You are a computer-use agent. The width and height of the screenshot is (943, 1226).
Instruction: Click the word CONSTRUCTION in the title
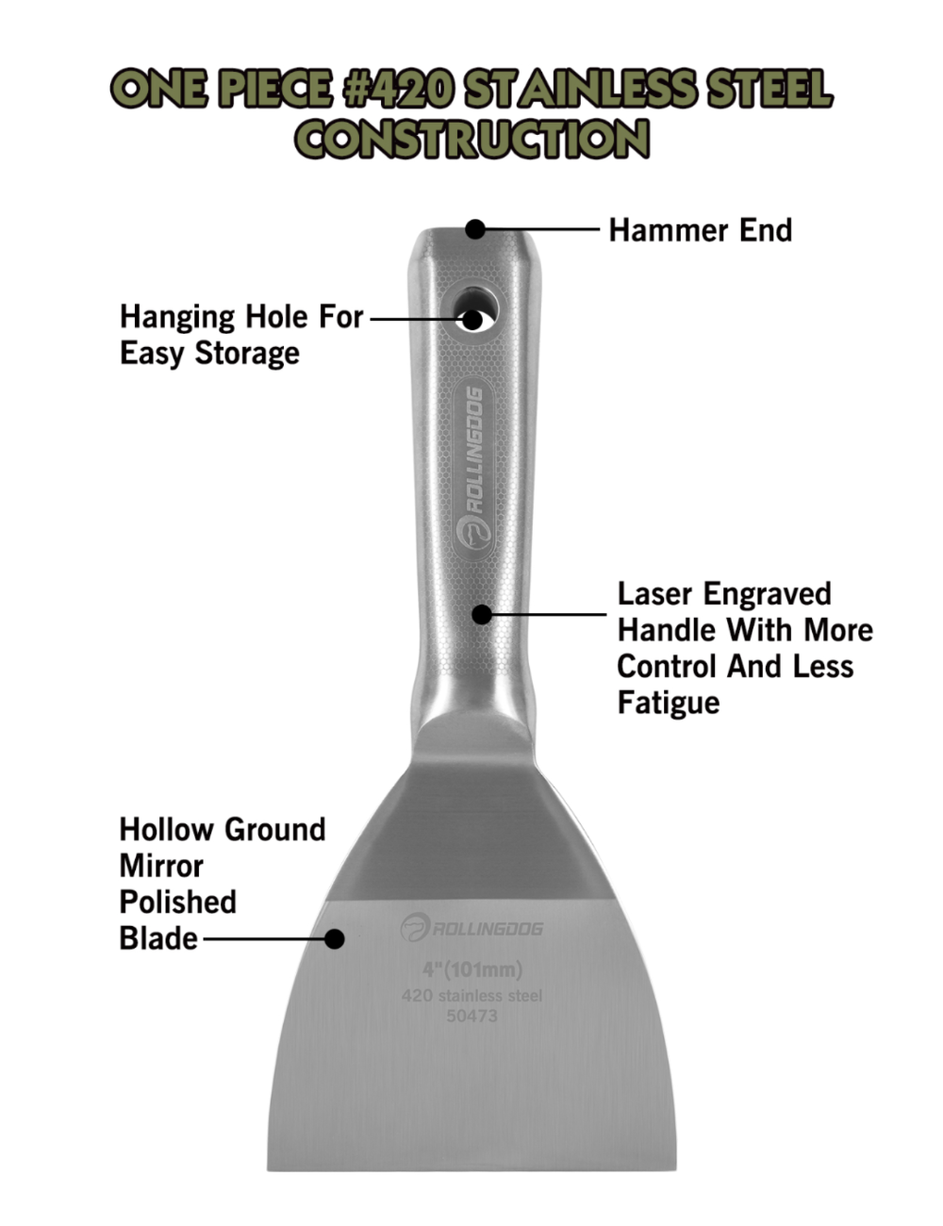click(x=471, y=140)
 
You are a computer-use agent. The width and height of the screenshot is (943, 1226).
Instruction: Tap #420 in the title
click(x=398, y=90)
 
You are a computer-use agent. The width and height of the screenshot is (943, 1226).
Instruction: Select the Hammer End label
click(x=700, y=230)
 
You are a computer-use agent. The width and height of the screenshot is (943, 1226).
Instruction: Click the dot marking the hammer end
click(x=475, y=229)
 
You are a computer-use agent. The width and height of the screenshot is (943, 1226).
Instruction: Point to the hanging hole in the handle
click(x=473, y=319)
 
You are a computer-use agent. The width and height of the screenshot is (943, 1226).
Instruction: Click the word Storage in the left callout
click(x=247, y=354)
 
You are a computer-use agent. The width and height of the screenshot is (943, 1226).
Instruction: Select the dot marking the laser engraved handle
click(x=482, y=615)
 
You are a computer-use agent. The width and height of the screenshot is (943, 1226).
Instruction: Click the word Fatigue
click(x=668, y=704)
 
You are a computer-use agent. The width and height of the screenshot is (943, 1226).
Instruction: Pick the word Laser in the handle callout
click(x=655, y=594)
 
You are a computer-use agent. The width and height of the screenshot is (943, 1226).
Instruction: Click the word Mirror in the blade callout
click(x=161, y=866)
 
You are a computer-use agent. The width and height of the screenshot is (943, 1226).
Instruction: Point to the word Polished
click(x=177, y=903)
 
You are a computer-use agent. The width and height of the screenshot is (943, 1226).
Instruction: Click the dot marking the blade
click(x=334, y=939)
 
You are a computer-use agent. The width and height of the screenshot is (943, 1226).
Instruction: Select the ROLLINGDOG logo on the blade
click(x=471, y=928)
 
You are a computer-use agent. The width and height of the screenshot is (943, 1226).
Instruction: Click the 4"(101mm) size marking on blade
click(x=471, y=969)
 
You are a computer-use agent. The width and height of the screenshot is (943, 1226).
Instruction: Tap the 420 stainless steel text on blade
click(x=471, y=996)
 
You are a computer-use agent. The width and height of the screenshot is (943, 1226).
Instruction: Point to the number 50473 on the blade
click(x=471, y=1016)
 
